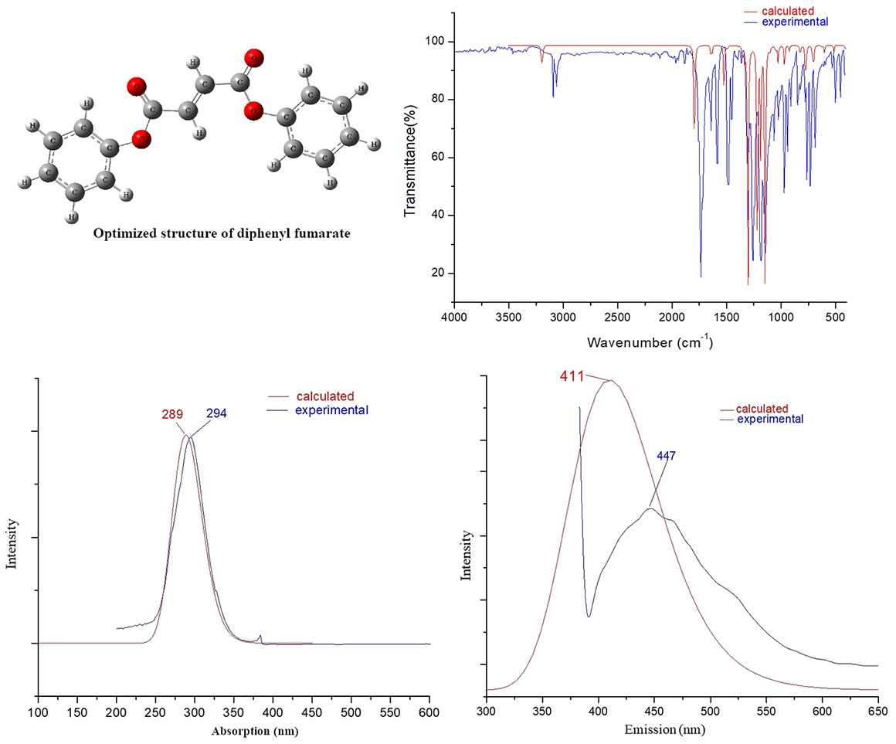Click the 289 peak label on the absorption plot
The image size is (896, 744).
[x=172, y=414]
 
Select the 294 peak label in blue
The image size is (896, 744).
[x=216, y=414]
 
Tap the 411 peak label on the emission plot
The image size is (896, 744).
[x=572, y=375]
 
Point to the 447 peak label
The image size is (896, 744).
[x=667, y=456]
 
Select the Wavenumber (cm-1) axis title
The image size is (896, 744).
[x=650, y=341]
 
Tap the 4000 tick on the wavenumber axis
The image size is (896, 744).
[x=454, y=317]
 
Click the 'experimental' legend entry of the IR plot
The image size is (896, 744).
[x=795, y=22]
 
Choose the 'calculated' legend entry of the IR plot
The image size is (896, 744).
[x=789, y=11]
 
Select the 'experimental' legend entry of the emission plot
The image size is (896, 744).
[x=770, y=419]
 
